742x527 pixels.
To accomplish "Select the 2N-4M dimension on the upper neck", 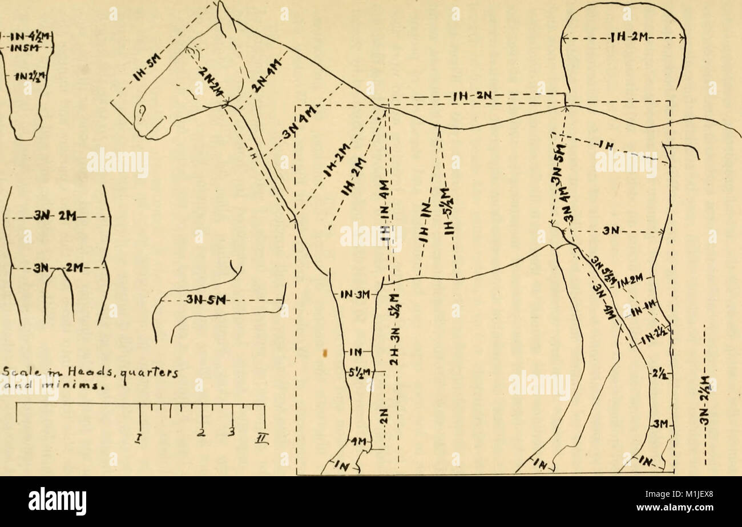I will click(267, 78).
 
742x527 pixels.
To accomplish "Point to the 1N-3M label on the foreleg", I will click(356, 295).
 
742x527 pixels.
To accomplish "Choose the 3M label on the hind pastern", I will click(659, 423).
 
